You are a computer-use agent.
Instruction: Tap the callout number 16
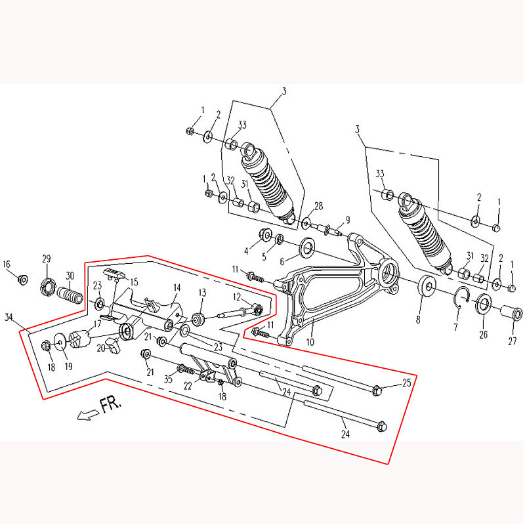pos(7,264)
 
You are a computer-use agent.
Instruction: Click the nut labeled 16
pos(22,280)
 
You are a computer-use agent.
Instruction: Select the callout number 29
pos(47,259)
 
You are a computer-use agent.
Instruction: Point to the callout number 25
pos(407,382)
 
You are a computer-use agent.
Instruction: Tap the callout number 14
pos(177,288)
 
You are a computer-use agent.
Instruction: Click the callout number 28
pos(319,206)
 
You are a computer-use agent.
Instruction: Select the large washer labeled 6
pos(307,247)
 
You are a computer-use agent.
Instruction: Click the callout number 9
pos(348,219)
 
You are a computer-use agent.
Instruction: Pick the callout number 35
pos(168,379)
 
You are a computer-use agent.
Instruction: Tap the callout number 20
pos(101,348)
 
